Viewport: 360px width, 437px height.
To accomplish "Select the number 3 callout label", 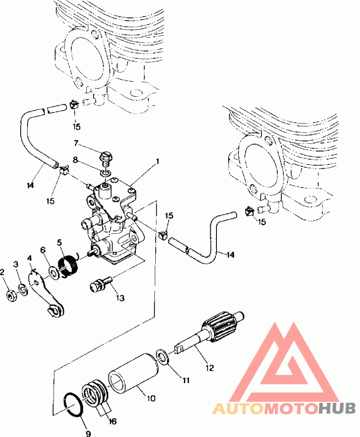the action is coord(16,264).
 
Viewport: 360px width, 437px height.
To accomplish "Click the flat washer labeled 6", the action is coord(53,272).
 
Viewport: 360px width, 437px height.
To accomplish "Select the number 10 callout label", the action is coord(151,398).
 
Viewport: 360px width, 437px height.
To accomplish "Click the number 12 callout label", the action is coord(209,368).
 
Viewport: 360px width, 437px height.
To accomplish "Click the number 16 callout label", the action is coord(112,421).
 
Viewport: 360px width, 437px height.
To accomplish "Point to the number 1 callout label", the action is coord(157,161).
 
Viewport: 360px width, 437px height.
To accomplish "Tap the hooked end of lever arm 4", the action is coord(54,310).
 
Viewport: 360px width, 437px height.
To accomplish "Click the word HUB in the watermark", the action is coord(337,409).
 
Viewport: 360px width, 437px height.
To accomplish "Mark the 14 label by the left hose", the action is coord(31,185).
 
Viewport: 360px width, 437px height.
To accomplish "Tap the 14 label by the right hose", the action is coord(230,254).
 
